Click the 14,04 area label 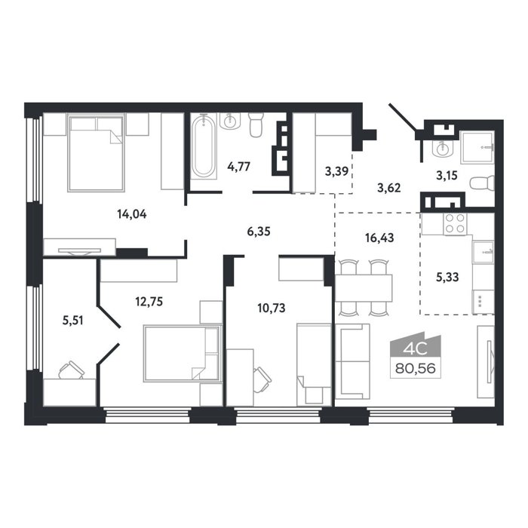click(x=132, y=214)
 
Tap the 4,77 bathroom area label click(x=239, y=167)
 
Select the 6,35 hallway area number click(x=259, y=232)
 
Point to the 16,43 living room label click(x=379, y=238)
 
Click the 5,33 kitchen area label click(x=447, y=277)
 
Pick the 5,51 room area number click(x=72, y=321)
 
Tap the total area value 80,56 click(x=415, y=368)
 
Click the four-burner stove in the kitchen click(x=455, y=224)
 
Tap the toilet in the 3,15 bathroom click(x=481, y=184)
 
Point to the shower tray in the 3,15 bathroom click(x=477, y=146)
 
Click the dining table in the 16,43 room click(x=364, y=288)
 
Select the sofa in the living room click(x=352, y=361)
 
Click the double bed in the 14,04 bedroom click(x=97, y=152)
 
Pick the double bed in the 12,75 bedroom click(x=183, y=353)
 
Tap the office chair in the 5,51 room click(x=72, y=370)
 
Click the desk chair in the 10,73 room click(x=262, y=379)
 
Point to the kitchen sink click(x=483, y=251)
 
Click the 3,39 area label click(x=336, y=172)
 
